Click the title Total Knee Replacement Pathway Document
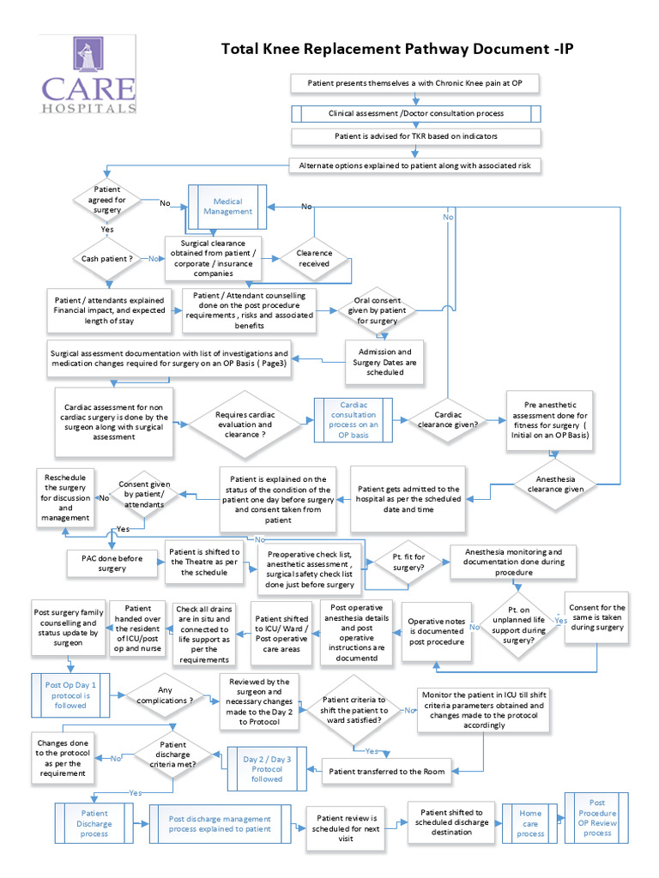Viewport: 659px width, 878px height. click(396, 49)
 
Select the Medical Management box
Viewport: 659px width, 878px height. click(227, 207)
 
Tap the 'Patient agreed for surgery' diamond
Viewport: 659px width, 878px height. click(107, 200)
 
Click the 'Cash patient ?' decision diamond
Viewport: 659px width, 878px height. click(107, 258)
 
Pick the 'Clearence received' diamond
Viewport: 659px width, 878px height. click(313, 258)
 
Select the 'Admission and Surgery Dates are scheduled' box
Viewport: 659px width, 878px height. click(385, 361)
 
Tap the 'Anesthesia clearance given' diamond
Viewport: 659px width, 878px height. click(559, 484)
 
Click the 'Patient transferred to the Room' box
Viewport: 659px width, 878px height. click(387, 772)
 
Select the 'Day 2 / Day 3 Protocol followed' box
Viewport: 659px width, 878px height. click(266, 768)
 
